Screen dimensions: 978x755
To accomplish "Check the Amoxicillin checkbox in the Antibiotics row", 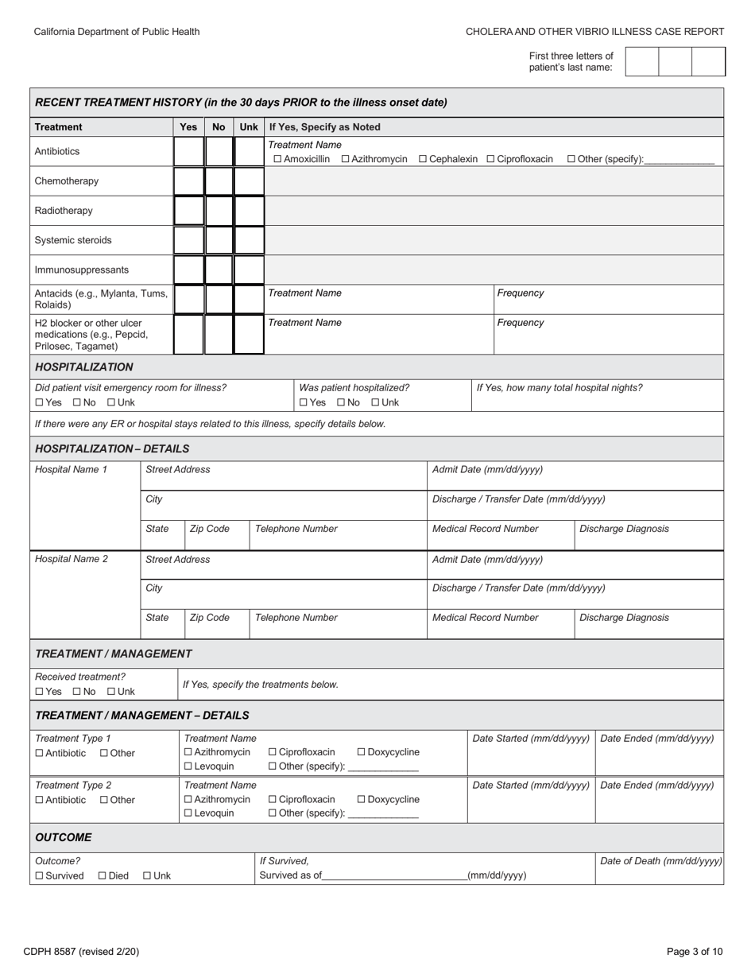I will tap(277, 159).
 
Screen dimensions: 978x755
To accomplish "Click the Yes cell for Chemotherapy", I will tap(188, 181).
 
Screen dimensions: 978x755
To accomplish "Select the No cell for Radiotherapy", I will tap(219, 211).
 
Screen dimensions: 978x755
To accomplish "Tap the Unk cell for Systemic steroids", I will tap(249, 240).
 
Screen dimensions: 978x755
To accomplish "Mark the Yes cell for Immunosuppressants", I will tap(188, 270).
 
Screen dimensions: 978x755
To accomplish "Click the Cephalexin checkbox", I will tap(423, 159).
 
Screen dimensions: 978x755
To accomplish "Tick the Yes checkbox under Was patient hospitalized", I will tap(304, 402).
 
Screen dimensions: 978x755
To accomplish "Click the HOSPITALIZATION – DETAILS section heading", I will tap(112, 448).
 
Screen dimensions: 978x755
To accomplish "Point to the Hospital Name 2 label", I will tap(72, 559).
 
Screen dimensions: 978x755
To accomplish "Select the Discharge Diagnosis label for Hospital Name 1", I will tap(624, 529).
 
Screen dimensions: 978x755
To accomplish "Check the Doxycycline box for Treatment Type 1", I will tap(362, 752).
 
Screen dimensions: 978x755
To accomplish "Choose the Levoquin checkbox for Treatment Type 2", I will tap(188, 813).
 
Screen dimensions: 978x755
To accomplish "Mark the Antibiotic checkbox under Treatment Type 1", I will tap(40, 753).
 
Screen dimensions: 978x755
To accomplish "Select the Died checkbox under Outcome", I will tap(102, 876).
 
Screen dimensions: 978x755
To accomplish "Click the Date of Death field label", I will tap(660, 860).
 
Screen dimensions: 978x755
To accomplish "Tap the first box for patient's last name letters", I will tap(642, 61).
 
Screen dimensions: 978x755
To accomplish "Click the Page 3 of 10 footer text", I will tap(695, 951).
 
